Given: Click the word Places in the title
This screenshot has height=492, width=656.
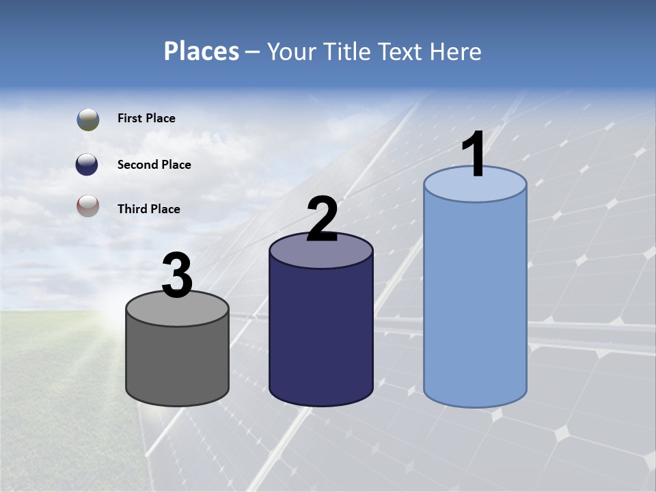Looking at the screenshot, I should pos(202,51).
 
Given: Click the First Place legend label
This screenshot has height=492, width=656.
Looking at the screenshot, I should pos(146,118).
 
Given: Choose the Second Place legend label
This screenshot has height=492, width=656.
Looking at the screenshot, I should pos(154,165).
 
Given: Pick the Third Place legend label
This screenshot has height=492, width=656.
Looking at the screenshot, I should pos(148,209).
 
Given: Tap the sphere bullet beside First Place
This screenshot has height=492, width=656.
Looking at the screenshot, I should pos(88,120).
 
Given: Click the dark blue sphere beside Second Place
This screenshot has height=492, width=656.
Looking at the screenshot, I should pos(87,164).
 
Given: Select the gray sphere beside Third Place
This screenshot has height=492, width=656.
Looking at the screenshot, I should pos(87,206).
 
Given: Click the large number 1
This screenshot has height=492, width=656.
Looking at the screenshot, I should pos(474,155).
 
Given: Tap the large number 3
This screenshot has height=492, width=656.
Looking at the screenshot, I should pos(177,275).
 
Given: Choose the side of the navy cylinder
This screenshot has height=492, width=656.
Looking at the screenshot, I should pos(320,335).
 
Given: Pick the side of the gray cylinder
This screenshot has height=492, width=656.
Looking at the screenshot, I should pos(177,362).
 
